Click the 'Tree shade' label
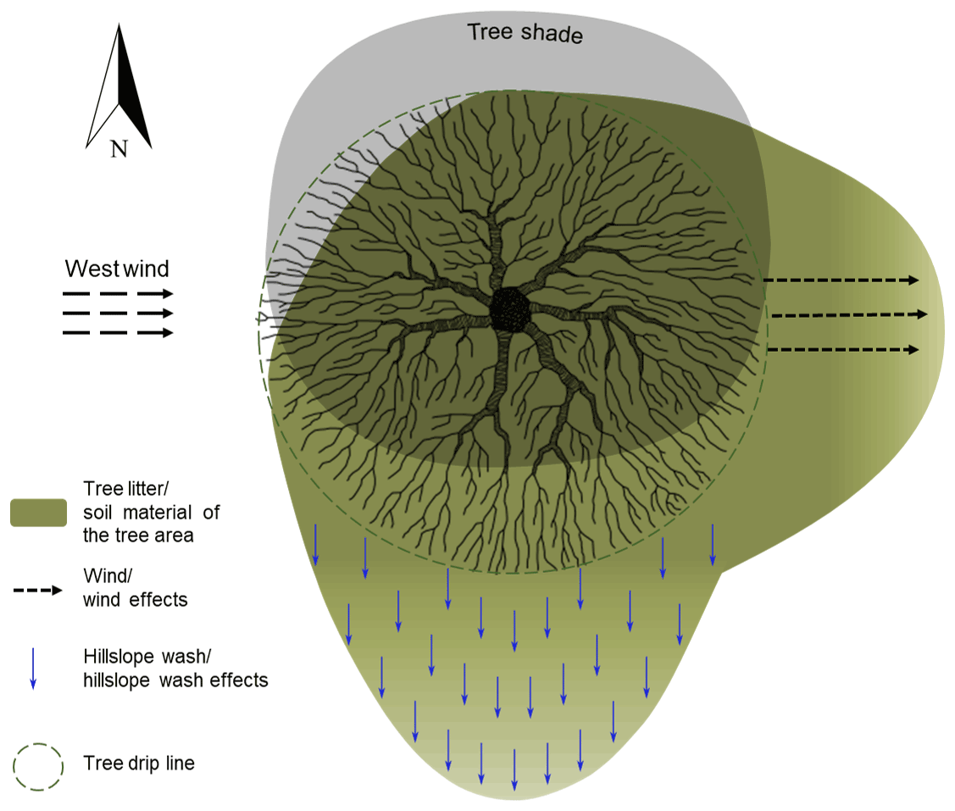[525, 35]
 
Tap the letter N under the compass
[119, 150]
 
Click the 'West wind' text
[118, 269]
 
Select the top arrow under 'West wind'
[118, 294]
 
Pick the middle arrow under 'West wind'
[118, 314]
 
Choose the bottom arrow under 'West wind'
[118, 332]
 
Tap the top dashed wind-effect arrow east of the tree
[841, 280]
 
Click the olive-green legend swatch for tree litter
[39, 513]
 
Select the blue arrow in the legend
[33, 668]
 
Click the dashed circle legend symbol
[38, 767]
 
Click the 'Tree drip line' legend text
[139, 764]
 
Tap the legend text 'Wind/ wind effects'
[136, 588]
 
